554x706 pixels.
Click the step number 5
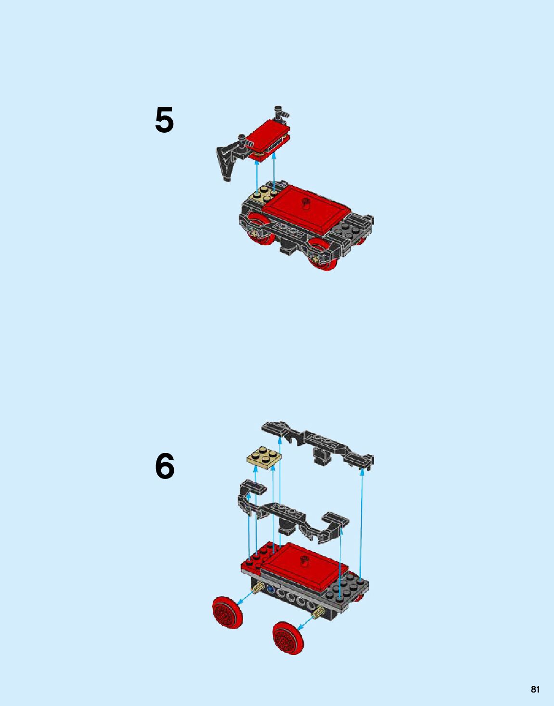coord(164,120)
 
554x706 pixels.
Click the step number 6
coord(165,466)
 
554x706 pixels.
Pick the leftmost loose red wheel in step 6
coord(227,612)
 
